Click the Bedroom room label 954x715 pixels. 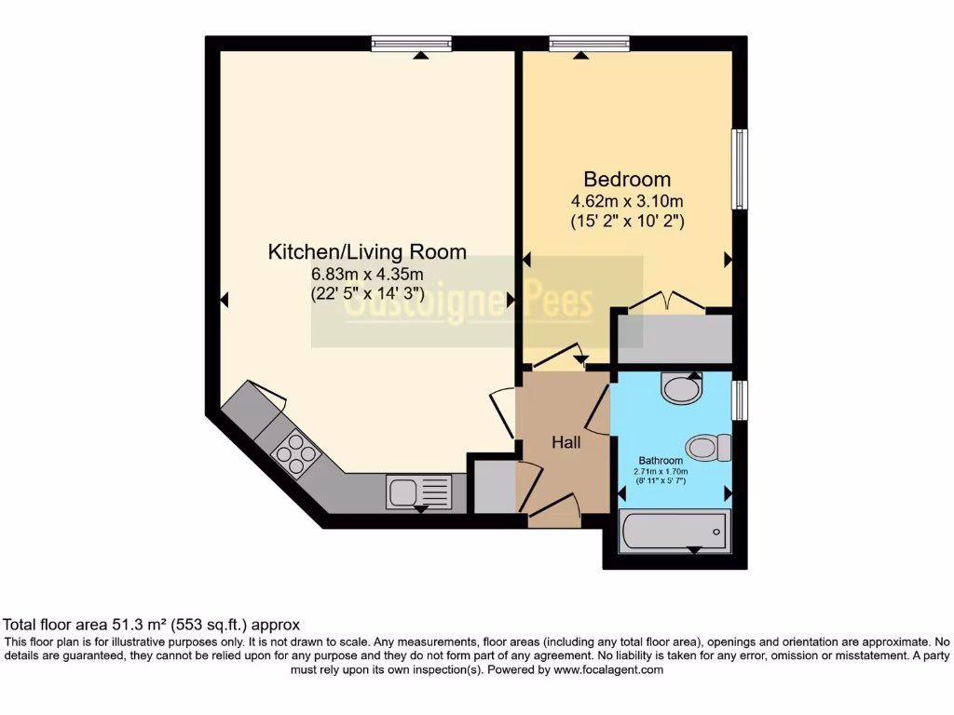627,179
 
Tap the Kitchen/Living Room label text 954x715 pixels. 367,251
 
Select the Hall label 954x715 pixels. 566,442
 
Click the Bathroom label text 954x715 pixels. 661,460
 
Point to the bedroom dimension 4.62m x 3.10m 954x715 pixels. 627,201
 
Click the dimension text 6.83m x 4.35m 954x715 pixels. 367,274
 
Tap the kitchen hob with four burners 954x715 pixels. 295,454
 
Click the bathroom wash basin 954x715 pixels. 682,387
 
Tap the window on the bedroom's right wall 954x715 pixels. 739,169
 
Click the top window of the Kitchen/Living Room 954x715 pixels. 411,43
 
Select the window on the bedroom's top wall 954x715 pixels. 589,43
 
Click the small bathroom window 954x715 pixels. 739,399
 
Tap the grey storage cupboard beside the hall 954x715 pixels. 493,485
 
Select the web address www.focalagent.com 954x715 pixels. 607,669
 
